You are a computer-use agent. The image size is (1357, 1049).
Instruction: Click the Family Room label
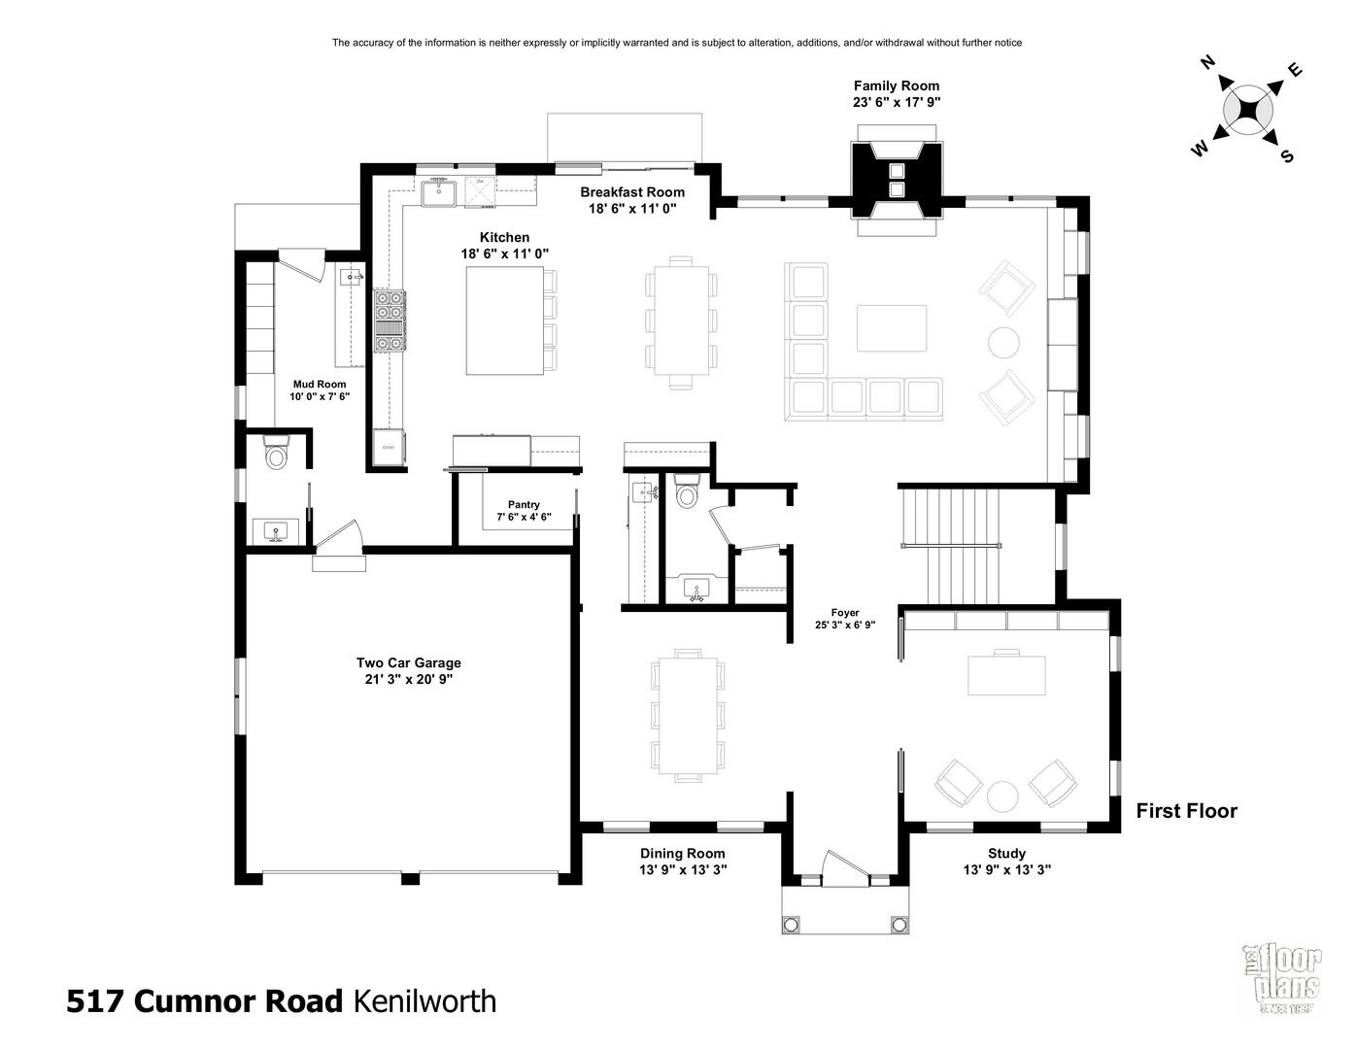click(897, 86)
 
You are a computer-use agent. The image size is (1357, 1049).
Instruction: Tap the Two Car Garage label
click(408, 662)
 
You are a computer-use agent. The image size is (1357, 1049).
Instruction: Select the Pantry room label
click(524, 504)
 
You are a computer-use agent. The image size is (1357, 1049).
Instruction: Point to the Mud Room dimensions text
click(320, 396)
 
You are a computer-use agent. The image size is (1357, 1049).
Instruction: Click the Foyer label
click(845, 613)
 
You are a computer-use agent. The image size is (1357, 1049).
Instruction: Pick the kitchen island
click(504, 321)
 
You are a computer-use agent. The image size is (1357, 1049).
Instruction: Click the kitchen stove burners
click(390, 321)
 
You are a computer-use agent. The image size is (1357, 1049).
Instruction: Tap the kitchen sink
click(439, 193)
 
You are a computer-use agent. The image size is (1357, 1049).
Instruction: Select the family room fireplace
click(897, 180)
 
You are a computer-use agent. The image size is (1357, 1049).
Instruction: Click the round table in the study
click(1002, 796)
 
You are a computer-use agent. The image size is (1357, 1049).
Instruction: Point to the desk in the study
click(1006, 674)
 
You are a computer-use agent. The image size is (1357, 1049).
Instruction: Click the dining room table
click(687, 716)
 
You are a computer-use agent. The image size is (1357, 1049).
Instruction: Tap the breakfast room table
click(681, 321)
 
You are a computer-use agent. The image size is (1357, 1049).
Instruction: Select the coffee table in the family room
click(891, 328)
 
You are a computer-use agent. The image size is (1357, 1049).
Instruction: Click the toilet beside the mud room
click(276, 453)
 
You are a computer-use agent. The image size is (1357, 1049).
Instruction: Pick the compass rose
click(1247, 112)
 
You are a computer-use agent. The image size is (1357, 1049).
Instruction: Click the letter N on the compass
click(1207, 62)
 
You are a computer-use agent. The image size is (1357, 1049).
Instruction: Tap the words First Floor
click(1186, 811)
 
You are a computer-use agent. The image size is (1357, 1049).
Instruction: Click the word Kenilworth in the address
click(424, 1000)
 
